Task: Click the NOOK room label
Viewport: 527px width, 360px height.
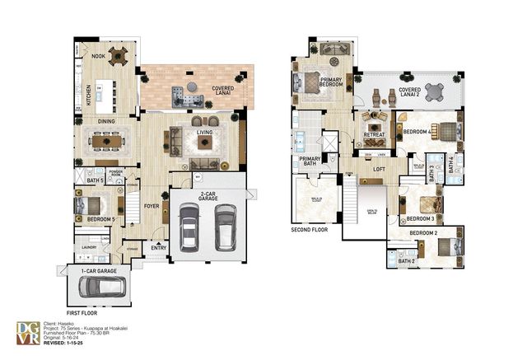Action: tap(99, 57)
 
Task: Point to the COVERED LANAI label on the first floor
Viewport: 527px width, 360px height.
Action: tap(222, 88)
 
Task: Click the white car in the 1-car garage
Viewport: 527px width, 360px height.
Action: tap(103, 288)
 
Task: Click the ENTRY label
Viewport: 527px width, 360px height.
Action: tap(158, 245)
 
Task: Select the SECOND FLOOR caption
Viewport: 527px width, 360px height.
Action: tap(310, 230)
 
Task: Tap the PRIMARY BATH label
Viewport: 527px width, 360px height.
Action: tap(310, 161)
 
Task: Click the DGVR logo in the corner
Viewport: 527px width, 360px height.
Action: tap(28, 332)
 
